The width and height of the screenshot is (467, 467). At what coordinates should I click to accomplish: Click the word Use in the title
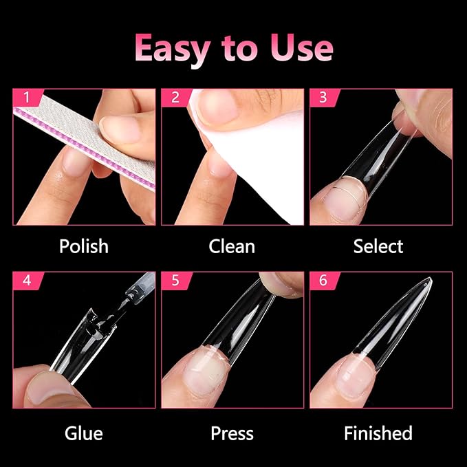(x=302, y=48)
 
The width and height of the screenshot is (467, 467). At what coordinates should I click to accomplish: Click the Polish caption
(x=83, y=246)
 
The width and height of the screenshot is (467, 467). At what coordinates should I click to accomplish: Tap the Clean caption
(x=232, y=246)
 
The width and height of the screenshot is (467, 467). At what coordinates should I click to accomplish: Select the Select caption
(x=378, y=246)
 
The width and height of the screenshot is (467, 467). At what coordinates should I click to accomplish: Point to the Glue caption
(x=83, y=433)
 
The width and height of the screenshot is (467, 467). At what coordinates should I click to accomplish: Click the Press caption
(x=232, y=433)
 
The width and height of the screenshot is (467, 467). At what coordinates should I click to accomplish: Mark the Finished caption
(x=378, y=433)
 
